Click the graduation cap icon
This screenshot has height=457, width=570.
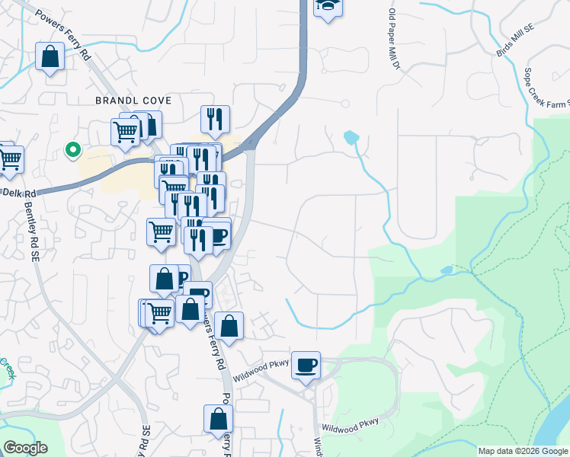[x=328, y=7]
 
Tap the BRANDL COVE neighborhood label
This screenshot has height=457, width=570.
[x=133, y=101]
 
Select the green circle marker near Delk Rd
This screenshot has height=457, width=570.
[x=73, y=149]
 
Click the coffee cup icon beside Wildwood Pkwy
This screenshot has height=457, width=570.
[x=306, y=365]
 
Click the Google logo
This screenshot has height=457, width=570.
[x=25, y=448]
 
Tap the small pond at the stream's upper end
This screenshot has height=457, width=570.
[x=351, y=138]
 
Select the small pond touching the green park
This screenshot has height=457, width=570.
[x=447, y=270]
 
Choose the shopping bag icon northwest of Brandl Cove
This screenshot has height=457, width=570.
[x=50, y=57]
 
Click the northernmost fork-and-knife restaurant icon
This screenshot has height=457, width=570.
[x=215, y=118]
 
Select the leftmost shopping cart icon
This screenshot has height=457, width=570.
[x=8, y=158]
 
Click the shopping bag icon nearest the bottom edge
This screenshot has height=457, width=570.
[x=218, y=418]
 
